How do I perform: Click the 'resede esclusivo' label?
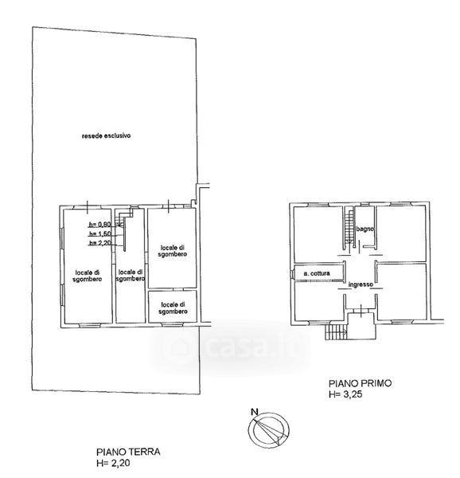pos(107,135)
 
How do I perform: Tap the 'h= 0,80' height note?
pos(99,225)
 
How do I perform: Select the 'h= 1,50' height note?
pos(99,233)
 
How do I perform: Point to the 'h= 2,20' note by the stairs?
pos(99,243)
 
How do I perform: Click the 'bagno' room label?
pos(364,229)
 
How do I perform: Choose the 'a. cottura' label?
pos(317,273)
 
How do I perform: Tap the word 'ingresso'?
pos(361,284)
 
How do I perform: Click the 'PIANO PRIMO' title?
pos(361,383)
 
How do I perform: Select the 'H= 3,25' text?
pos(345,394)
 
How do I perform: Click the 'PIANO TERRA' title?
pos(128,452)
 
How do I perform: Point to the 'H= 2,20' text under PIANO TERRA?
pos(113,463)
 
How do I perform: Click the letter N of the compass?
pos(255,412)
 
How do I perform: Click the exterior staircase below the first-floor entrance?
pos(336,331)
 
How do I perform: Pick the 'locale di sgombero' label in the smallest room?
pos(173,308)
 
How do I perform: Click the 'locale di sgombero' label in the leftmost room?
pos(88,276)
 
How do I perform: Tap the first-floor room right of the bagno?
pos(400,233)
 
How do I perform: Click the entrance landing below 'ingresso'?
pos(361,326)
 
